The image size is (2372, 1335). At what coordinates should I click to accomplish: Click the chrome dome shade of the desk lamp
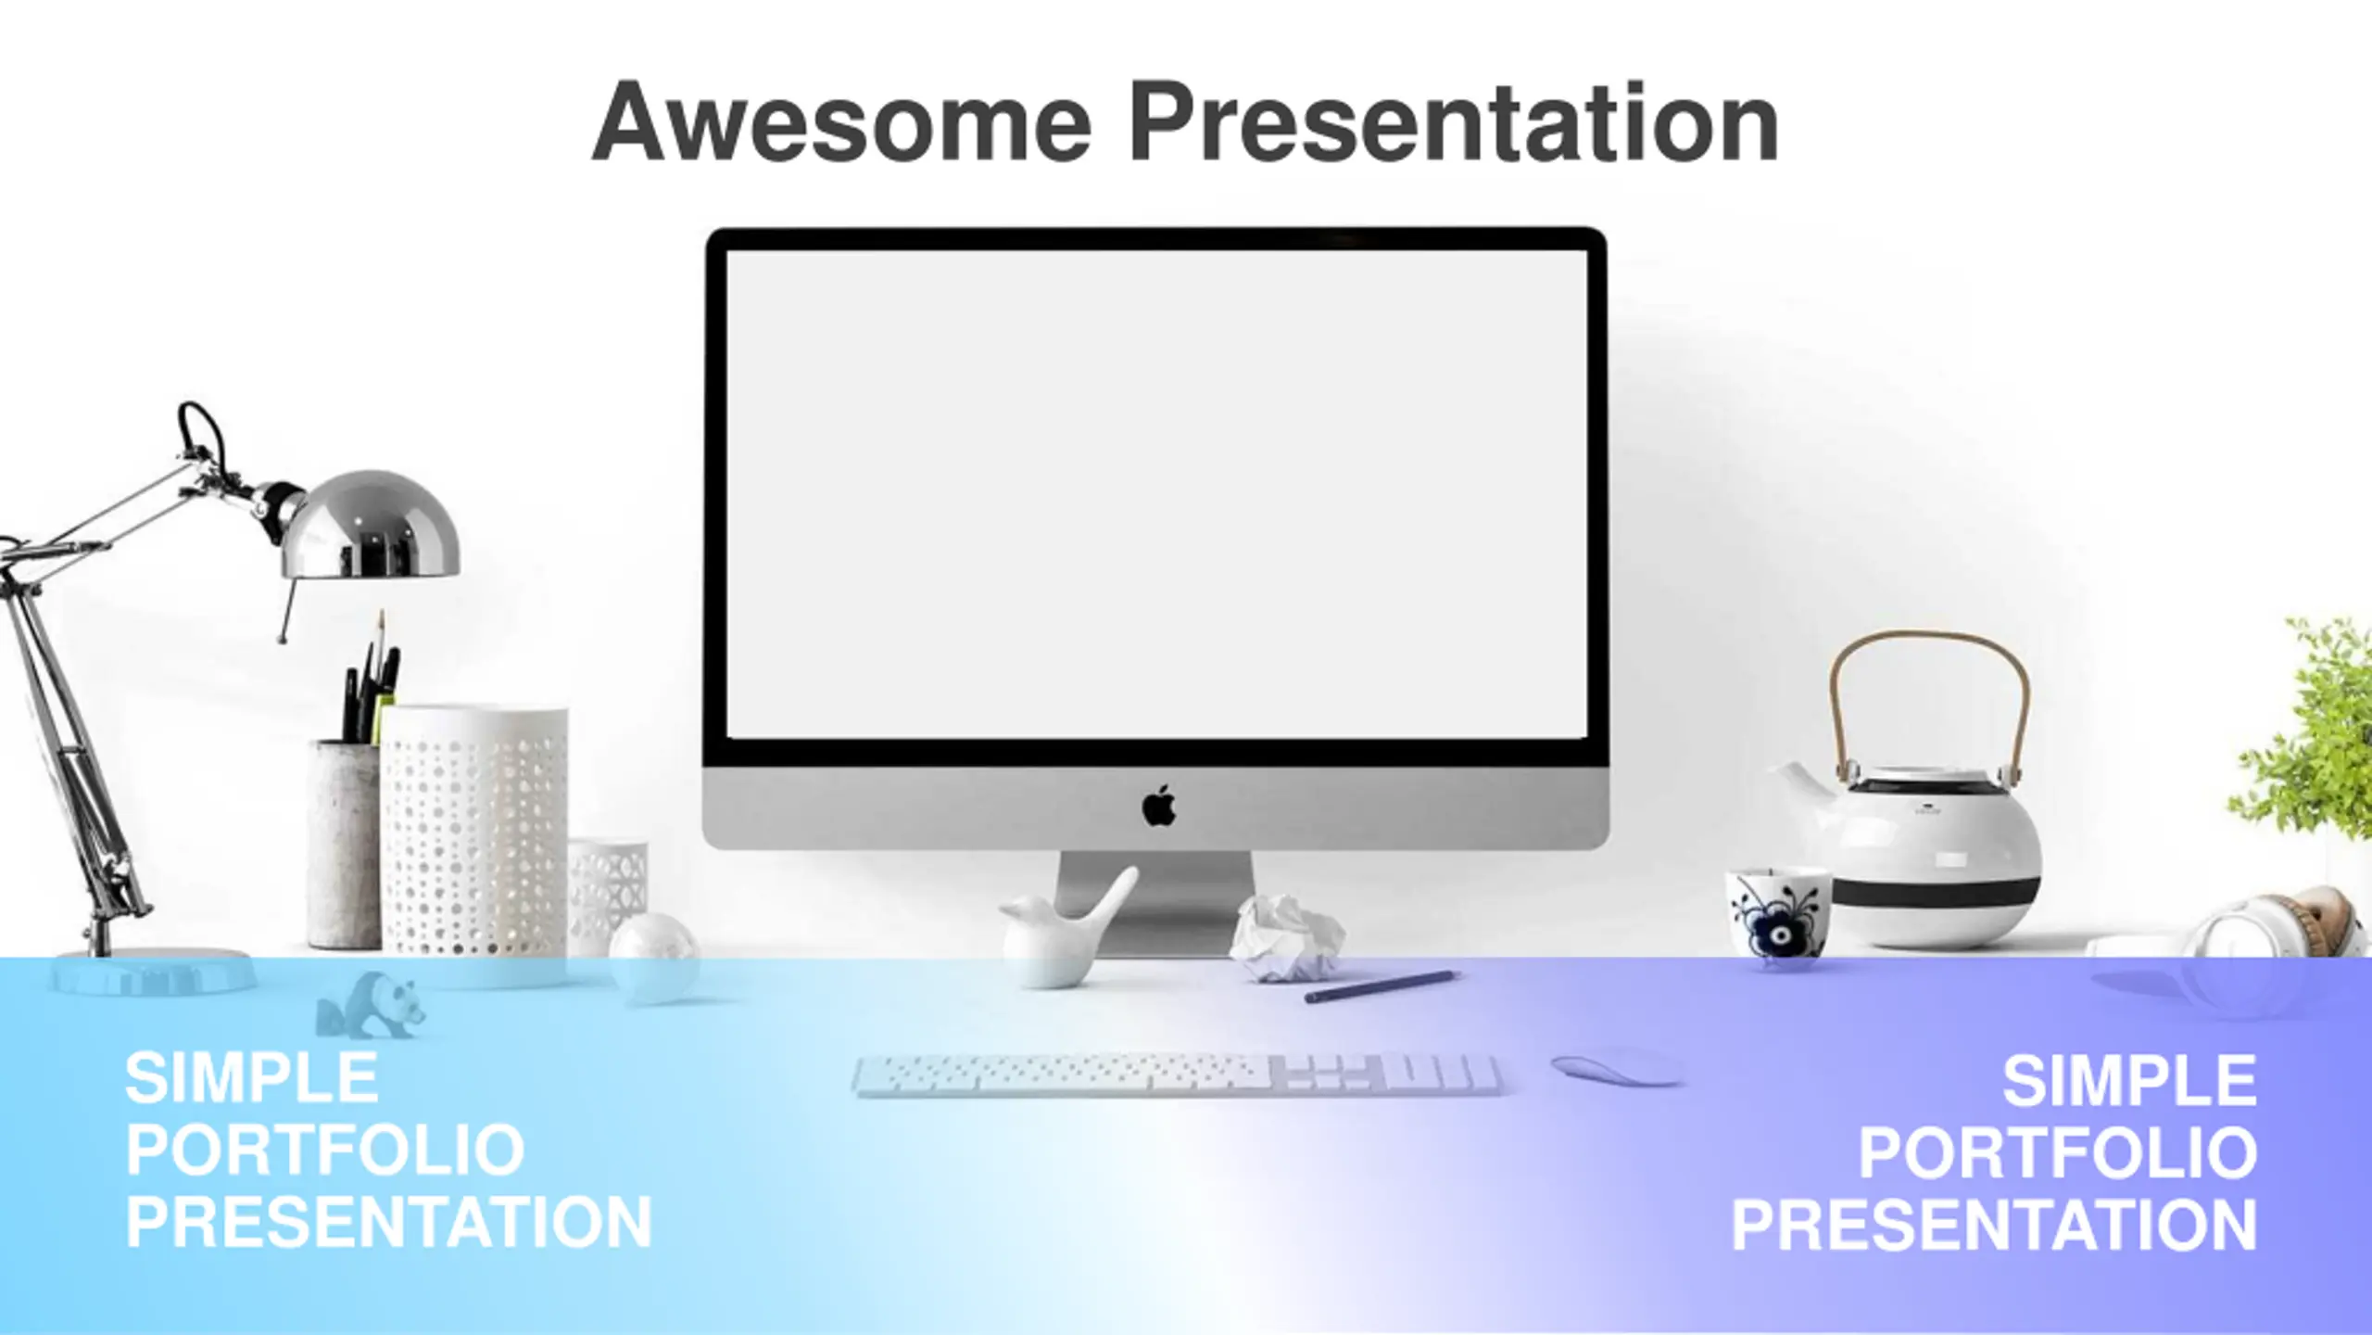371,525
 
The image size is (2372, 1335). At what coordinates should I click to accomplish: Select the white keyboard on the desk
1177,1075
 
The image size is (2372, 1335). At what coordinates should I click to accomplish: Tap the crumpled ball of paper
1288,937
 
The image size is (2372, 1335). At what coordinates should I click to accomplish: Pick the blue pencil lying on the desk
1382,986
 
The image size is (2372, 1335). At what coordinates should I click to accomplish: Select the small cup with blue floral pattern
1777,914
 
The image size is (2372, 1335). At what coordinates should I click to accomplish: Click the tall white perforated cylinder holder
474,831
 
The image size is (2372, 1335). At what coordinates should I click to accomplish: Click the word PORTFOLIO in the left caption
325,1151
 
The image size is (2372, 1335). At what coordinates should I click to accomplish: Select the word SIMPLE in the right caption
2129,1081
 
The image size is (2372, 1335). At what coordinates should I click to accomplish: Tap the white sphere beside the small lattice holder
654,955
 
